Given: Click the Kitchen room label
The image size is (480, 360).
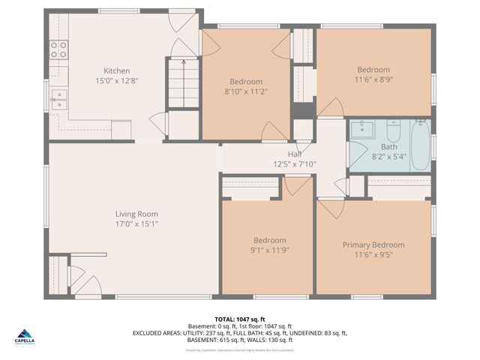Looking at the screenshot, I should (116, 70).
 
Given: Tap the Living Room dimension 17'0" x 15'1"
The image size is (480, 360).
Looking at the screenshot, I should (136, 223).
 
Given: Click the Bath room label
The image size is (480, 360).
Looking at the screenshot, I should (388, 147).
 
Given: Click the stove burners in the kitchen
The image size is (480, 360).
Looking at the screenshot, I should (58, 49).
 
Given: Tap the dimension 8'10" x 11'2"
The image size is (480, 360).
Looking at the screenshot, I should (246, 91).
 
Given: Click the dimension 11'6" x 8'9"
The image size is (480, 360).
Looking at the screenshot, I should (373, 79).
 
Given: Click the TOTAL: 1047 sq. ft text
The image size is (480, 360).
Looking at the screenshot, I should (239, 319).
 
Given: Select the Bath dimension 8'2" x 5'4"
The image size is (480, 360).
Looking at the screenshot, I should (388, 157).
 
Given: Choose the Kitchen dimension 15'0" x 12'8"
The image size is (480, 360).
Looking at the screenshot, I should (116, 80).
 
